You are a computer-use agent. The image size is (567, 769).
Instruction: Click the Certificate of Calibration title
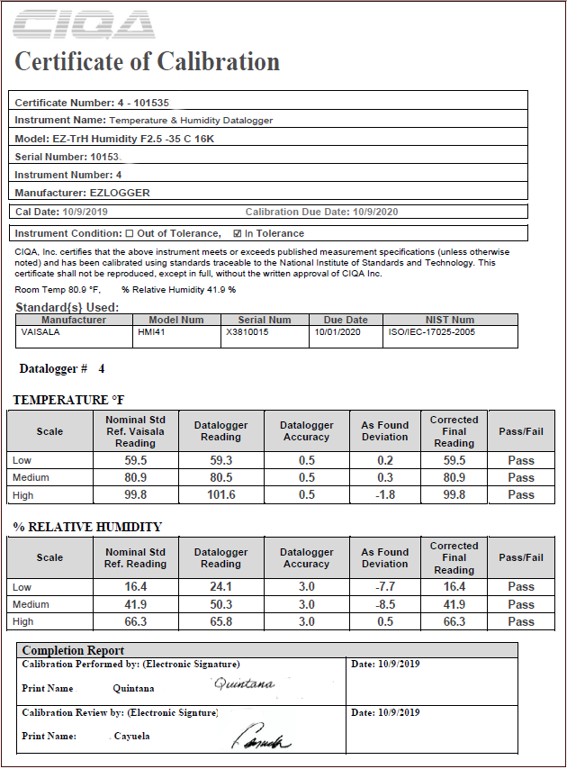148,62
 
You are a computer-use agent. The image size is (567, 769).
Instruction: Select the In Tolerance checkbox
238,233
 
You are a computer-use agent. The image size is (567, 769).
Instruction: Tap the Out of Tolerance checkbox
130,233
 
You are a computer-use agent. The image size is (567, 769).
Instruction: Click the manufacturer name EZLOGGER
120,192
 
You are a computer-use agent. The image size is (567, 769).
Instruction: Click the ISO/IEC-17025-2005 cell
431,331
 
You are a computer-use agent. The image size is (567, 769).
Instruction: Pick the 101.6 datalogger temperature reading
220,494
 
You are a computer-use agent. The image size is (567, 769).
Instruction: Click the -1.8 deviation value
384,494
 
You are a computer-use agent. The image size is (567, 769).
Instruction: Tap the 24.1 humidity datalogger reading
220,587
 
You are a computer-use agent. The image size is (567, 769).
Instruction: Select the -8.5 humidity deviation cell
384,604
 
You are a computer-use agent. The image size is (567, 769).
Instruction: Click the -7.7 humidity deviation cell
384,587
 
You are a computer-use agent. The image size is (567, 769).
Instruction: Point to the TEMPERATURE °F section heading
67,400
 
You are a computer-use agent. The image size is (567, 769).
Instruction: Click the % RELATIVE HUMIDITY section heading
86,527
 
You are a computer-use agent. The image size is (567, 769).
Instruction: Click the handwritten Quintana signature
244,684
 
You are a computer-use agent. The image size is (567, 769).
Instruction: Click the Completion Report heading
73,650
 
